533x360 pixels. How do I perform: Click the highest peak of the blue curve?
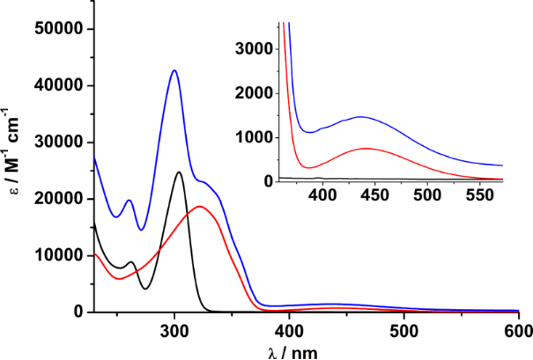pos(174,70)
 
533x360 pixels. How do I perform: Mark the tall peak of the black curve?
pos(179,173)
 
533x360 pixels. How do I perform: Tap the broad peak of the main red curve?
pos(200,207)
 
